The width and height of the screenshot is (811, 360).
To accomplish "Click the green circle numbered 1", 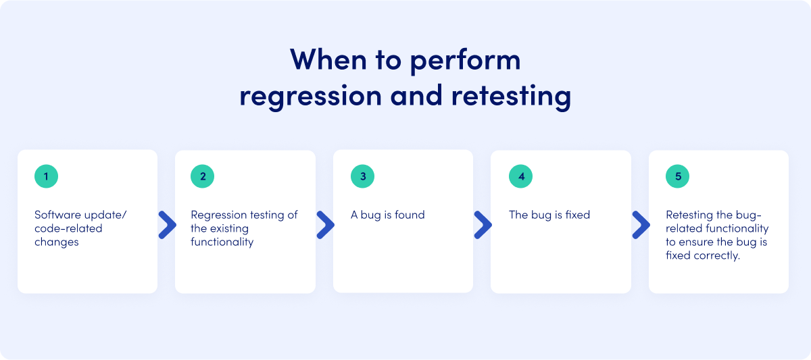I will coord(46,177).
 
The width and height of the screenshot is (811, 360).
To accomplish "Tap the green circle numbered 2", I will coord(203,177).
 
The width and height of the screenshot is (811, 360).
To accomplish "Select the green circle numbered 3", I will coord(362,177).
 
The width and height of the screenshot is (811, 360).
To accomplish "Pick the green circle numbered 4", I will coord(520,177).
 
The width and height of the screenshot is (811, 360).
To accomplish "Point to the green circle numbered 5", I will coord(678,177).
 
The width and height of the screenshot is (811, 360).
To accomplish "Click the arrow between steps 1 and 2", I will coord(167,225).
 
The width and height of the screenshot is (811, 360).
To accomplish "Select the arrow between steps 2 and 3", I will coord(325,225).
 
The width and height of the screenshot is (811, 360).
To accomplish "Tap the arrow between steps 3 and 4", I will coord(483,225).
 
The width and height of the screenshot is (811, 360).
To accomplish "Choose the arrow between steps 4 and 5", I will coord(641,225).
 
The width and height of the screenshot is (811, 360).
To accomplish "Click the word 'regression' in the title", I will coord(310,96).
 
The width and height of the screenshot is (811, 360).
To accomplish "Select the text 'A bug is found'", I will coord(387,215).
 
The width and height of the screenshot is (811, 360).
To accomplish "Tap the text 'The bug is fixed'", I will coord(549,215).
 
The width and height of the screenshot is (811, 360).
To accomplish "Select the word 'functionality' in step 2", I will coord(222,242).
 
